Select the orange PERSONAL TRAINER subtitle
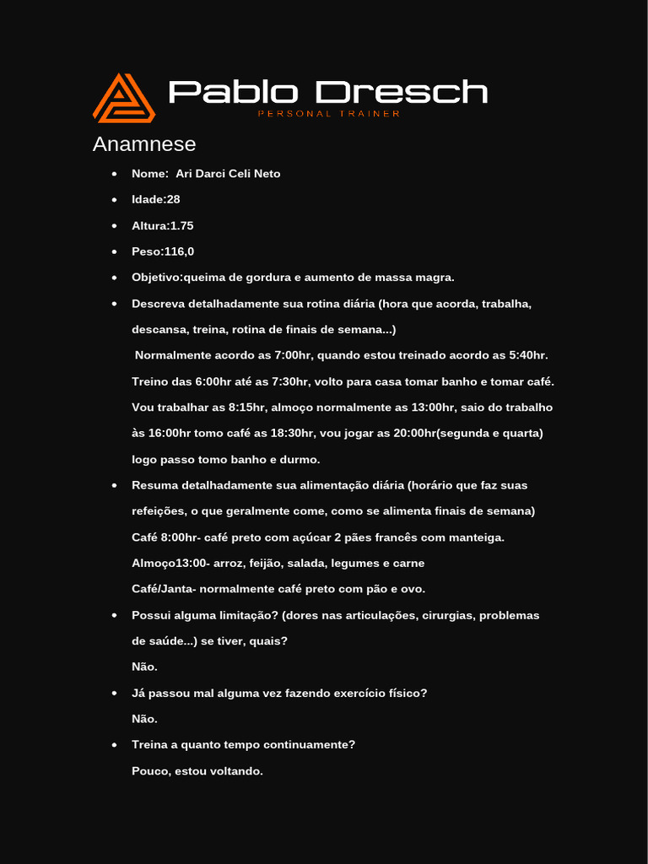pos(328,114)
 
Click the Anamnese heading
pos(144,144)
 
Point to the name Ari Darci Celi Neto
pos(228,174)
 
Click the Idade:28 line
pos(156,200)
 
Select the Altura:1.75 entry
pos(163,226)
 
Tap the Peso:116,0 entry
pos(163,251)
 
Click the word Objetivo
pos(156,278)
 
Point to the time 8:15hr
pos(246,408)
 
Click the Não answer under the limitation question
pos(144,667)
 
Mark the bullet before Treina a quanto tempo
pos(114,745)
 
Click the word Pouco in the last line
pos(150,771)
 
